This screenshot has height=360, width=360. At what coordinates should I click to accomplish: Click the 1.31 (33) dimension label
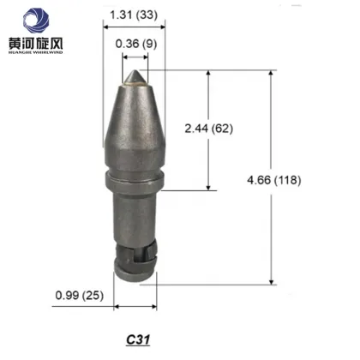[x=136, y=15]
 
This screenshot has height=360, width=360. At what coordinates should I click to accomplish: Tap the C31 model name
[x=135, y=338]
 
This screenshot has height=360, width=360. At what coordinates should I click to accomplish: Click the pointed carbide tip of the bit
[x=135, y=79]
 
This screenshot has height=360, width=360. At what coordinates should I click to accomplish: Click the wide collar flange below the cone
[x=135, y=179]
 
